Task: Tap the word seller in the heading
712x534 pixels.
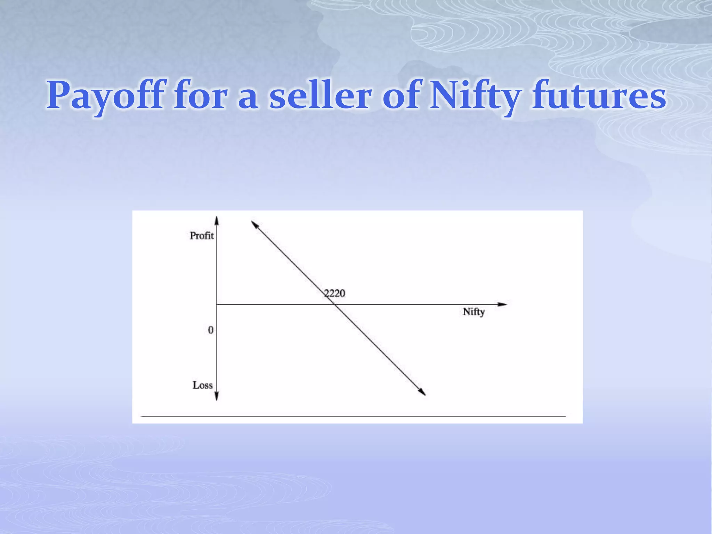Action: tap(320, 95)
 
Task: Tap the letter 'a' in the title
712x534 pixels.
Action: tap(248, 97)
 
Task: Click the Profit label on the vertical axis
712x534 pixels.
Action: tap(202, 236)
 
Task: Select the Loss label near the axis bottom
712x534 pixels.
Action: tap(203, 385)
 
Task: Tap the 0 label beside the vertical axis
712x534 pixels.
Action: tap(211, 330)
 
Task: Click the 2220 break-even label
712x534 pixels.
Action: tap(334, 293)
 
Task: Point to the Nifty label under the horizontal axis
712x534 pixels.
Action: tap(474, 312)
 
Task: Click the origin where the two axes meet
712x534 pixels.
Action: tap(216, 304)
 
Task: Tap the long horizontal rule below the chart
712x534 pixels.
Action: tap(353, 416)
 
